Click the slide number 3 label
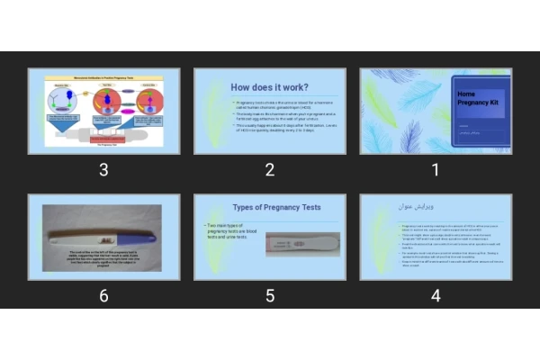coord(103,169)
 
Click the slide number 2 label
coord(269,169)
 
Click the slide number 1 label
coord(436,169)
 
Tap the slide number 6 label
coord(103,294)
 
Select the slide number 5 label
coord(269,294)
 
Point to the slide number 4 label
coord(436,294)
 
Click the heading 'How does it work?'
coord(269,88)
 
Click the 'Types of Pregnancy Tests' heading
coord(276,208)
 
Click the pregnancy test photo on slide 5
coord(302,242)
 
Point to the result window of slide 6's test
coord(106,238)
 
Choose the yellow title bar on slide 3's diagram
coord(103,78)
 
